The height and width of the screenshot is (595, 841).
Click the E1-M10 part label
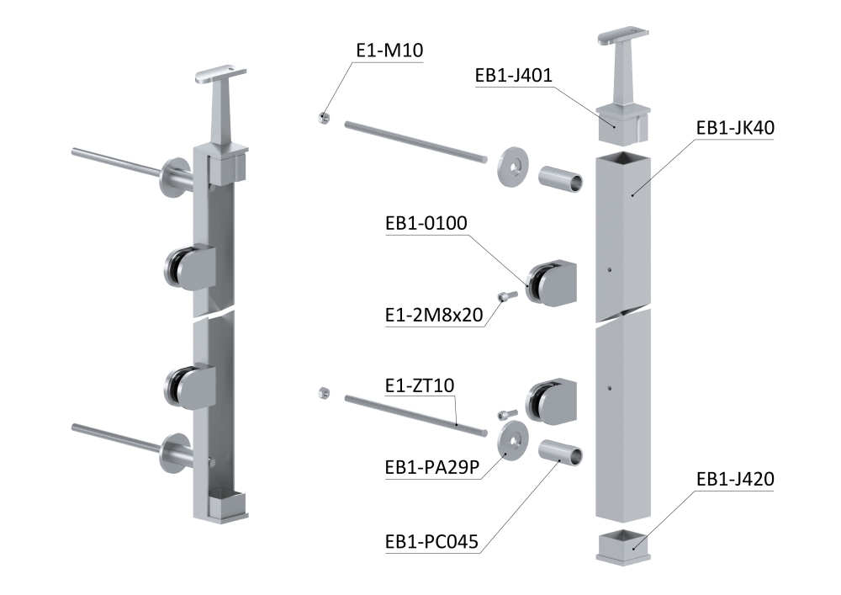click(389, 50)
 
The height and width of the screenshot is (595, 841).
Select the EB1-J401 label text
click(513, 75)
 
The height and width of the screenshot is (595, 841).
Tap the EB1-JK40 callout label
click(735, 128)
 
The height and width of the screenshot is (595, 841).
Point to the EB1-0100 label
click(426, 223)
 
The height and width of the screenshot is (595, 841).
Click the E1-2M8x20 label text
click(434, 315)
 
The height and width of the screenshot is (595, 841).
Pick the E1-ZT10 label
click(420, 385)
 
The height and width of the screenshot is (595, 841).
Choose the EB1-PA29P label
click(431, 467)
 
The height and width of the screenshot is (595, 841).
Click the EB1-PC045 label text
click(431, 541)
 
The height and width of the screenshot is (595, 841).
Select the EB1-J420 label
click(735, 479)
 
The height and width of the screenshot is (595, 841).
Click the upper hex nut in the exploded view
click(324, 118)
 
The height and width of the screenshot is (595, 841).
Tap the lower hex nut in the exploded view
click(324, 393)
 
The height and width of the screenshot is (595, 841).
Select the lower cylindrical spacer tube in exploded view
click(560, 452)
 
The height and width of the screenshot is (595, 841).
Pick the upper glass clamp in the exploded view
click(551, 282)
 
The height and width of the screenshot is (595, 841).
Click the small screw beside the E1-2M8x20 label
click(508, 295)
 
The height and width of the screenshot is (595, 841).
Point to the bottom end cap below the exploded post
click(624, 546)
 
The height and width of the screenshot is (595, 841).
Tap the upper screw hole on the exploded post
click(610, 269)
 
